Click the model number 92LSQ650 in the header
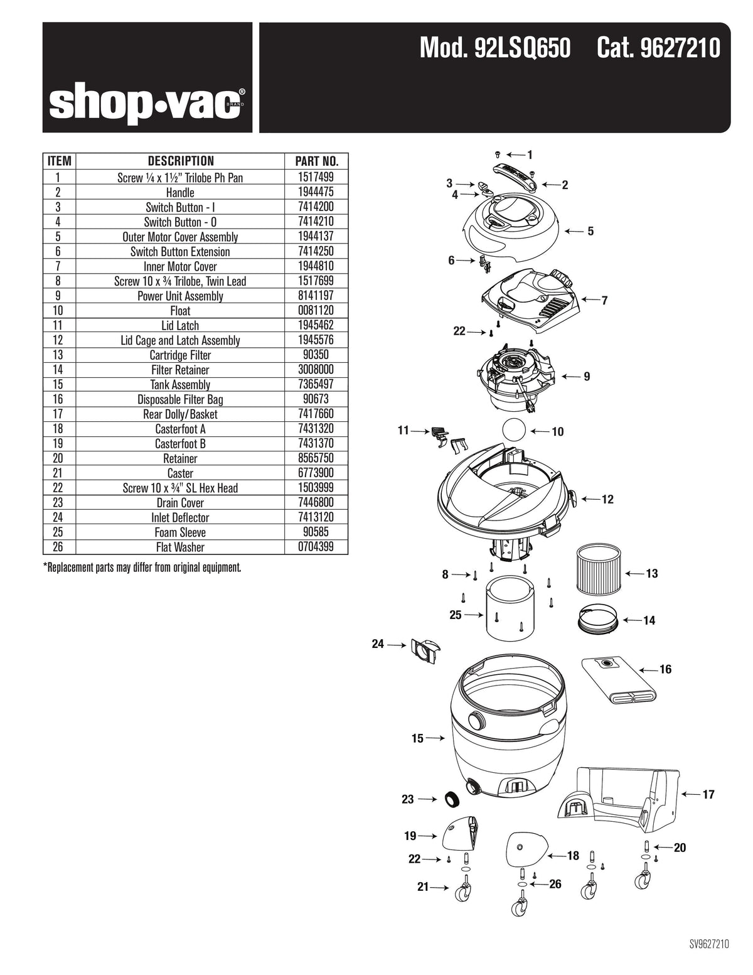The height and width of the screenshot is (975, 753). [495, 48]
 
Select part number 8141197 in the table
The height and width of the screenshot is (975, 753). [317, 296]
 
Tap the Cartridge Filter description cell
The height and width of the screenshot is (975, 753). [180, 355]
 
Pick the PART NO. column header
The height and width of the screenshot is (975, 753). [317, 161]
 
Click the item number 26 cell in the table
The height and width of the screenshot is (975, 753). [58, 547]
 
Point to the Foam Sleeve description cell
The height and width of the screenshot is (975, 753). [180, 532]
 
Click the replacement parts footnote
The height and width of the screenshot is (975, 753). [142, 568]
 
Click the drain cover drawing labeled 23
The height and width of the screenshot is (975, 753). [450, 799]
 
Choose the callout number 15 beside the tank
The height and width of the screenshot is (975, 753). [417, 739]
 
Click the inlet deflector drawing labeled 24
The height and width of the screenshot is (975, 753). [424, 650]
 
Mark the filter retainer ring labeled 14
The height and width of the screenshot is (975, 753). [597, 618]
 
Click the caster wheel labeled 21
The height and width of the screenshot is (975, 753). [465, 890]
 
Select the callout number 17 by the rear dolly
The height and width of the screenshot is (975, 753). [708, 795]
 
